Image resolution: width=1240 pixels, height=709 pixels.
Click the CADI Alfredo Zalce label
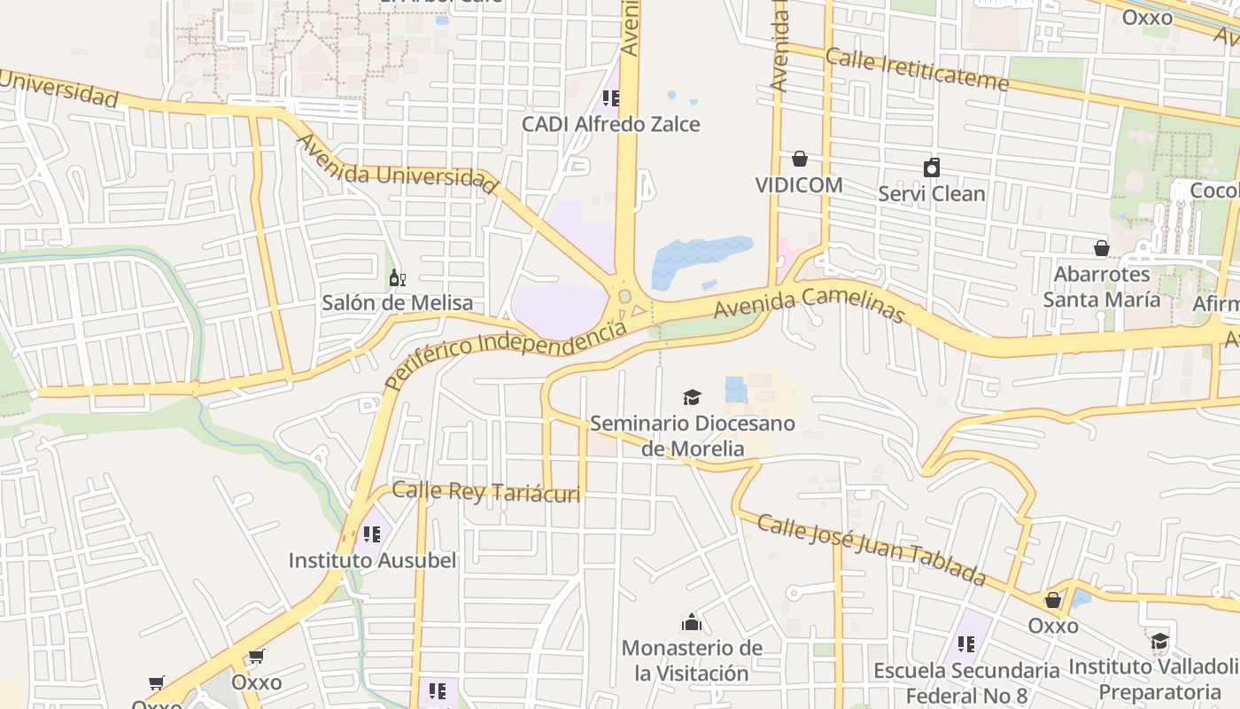pos(610,124)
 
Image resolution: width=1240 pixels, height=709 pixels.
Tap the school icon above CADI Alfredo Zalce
pos(610,97)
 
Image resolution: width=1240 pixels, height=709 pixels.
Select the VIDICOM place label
pos(798,185)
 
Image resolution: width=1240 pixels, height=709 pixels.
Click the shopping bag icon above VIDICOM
pos(800,159)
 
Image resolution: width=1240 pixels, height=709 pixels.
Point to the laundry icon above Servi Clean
pos(931,168)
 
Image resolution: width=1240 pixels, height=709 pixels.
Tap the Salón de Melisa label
pos(397,303)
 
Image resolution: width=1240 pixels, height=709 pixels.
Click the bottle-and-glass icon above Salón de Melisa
pos(398,278)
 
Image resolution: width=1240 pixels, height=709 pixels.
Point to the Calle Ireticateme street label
pos(917,70)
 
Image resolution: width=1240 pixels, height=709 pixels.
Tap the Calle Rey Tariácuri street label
pos(486,492)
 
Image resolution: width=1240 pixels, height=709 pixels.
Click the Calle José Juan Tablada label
pos(872,549)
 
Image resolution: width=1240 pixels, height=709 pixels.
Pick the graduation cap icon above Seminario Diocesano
pos(692,397)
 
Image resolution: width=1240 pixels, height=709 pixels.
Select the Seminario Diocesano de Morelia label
pos(692,436)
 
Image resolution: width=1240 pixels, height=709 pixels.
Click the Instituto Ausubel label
pos(372,560)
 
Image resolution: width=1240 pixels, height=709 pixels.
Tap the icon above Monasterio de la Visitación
pos(692,621)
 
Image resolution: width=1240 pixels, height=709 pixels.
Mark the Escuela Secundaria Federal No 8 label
pos(965,682)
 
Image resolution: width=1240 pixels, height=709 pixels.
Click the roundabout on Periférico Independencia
pos(624,295)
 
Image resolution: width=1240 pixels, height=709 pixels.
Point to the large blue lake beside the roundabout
pos(700,257)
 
